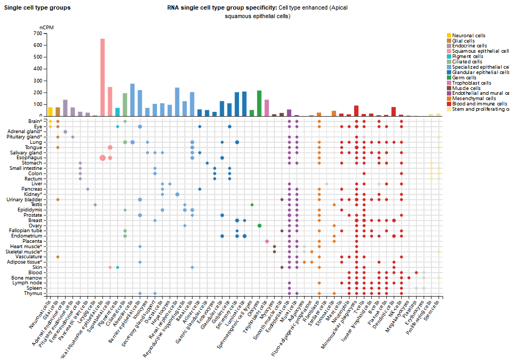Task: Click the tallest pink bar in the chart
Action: [x=102, y=77]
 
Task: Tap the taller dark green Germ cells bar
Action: [x=259, y=103]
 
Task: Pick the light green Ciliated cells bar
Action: [x=125, y=104]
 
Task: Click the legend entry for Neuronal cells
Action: [x=466, y=35]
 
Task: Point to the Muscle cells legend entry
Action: [x=464, y=88]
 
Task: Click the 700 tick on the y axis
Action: [x=37, y=34]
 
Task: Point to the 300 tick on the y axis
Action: [x=37, y=80]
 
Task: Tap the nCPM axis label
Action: [x=47, y=27]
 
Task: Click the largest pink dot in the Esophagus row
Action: [x=102, y=158]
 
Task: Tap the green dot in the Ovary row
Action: [x=259, y=225]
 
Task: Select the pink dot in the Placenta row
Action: [x=267, y=241]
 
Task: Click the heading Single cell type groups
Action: [x=37, y=8]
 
